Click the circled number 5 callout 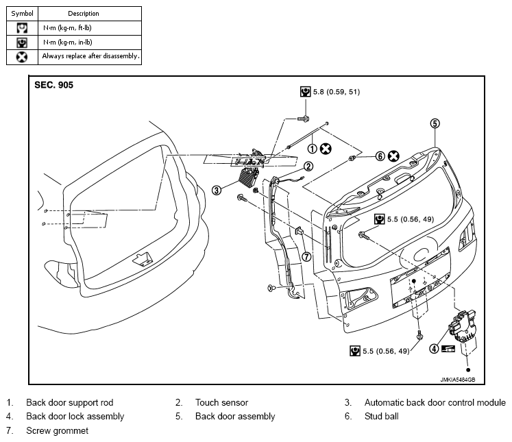[x=435, y=123]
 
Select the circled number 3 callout [x=217, y=190]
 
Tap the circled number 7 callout [x=306, y=257]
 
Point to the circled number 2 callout [x=308, y=167]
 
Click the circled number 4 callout [x=434, y=349]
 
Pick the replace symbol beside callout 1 [x=326, y=149]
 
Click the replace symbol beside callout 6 [x=393, y=156]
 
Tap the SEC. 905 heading [x=54, y=85]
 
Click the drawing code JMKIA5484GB [x=457, y=380]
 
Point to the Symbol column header [x=22, y=14]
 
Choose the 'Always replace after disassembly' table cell [x=90, y=56]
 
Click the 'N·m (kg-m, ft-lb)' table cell [x=90, y=28]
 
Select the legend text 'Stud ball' [x=381, y=416]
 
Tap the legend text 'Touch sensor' [x=221, y=402]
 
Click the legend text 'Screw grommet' [x=57, y=430]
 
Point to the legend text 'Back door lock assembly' [x=75, y=416]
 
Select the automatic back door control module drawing [x=249, y=177]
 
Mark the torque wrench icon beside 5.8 [x=305, y=92]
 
